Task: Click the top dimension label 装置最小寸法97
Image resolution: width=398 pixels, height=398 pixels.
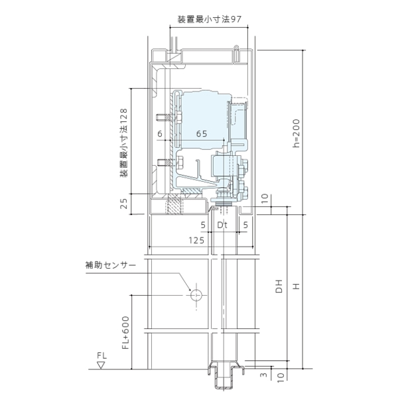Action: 209,19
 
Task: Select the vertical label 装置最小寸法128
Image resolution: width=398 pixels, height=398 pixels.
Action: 123,143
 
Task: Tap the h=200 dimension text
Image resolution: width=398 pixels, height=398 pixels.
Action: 296,133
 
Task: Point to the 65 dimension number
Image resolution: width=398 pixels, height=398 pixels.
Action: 202,134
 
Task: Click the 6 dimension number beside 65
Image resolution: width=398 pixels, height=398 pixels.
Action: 160,134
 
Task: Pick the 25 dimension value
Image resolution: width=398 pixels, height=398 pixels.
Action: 123,204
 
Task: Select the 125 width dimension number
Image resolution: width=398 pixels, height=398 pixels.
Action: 196,240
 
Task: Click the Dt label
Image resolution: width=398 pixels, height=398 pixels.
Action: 222,225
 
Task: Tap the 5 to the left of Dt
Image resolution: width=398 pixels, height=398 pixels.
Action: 203,225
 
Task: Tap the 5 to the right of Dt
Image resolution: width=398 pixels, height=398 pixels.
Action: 245,225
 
